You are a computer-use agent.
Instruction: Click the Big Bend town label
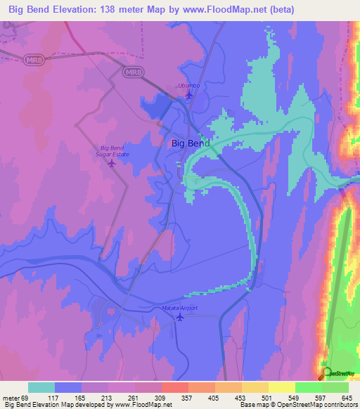click(x=190, y=143)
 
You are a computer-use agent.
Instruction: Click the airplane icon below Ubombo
click(x=188, y=94)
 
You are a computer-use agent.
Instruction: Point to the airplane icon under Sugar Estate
click(x=112, y=163)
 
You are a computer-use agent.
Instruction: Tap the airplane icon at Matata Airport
click(x=180, y=317)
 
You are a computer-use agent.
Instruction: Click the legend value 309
click(x=161, y=397)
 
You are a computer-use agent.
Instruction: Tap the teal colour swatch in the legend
click(x=41, y=387)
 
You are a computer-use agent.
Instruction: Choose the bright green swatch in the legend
click(x=309, y=387)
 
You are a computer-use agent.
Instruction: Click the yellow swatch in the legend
click(x=282, y=387)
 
